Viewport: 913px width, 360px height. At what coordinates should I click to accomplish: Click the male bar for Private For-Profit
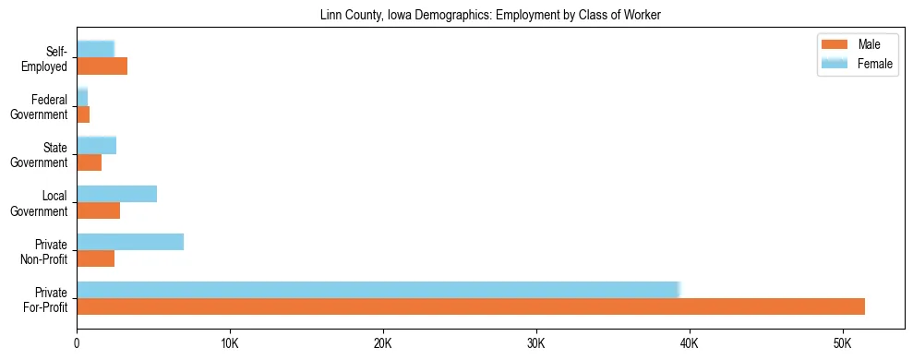(471, 306)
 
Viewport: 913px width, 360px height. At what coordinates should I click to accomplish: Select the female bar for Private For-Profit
(378, 289)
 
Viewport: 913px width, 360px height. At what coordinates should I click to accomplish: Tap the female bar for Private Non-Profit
(130, 242)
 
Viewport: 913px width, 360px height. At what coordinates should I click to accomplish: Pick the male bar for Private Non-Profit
(96, 258)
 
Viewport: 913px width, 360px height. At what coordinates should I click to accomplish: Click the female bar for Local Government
(117, 194)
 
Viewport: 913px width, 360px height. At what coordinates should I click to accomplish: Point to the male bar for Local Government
(99, 210)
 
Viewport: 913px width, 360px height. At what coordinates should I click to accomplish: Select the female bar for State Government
(97, 145)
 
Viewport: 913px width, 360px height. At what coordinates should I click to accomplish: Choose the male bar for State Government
(90, 162)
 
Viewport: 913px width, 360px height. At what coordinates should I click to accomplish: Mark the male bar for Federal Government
(83, 114)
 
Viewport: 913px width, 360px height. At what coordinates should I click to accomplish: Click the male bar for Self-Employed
(102, 66)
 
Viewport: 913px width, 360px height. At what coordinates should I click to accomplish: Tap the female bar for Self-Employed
(96, 49)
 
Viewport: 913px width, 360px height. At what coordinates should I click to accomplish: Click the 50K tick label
(843, 343)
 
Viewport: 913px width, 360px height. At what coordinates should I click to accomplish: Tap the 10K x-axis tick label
(230, 343)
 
